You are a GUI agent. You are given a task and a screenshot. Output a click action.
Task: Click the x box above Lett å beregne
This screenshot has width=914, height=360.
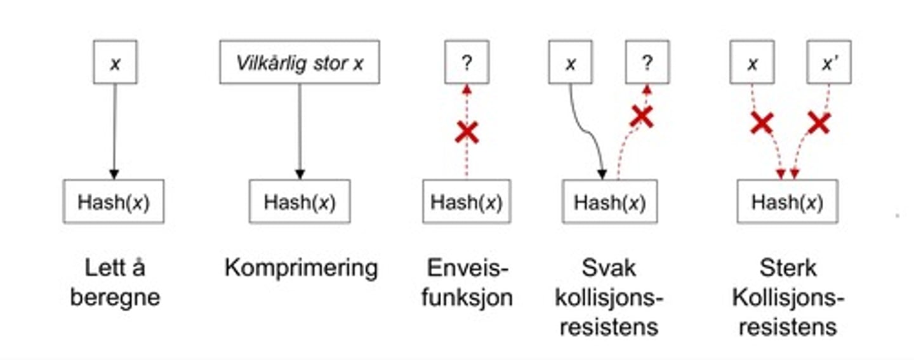115,62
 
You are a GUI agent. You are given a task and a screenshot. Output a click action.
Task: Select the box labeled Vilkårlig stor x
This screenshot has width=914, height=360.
300,62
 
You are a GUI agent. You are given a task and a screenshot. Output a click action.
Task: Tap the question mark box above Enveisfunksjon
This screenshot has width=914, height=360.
467,62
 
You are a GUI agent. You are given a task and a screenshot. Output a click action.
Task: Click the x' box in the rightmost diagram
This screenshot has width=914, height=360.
828,62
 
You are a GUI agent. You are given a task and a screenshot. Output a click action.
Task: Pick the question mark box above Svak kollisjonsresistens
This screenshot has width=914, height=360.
647,62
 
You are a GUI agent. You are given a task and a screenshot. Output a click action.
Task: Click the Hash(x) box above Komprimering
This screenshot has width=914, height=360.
300,202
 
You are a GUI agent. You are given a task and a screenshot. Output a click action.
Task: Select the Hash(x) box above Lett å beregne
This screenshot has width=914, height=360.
114,202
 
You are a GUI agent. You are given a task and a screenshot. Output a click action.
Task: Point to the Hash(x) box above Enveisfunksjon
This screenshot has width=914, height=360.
467,202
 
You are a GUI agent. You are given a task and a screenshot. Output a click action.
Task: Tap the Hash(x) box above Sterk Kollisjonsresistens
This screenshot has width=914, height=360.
787,202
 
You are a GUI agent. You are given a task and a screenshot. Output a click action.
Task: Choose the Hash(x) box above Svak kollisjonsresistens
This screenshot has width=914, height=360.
609,202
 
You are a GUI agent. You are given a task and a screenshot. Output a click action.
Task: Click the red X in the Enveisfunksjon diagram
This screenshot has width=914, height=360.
467,132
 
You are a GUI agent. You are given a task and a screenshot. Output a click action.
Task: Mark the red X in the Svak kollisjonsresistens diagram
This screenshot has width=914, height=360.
642,116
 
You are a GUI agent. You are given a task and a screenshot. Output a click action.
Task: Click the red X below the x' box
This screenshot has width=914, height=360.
819,123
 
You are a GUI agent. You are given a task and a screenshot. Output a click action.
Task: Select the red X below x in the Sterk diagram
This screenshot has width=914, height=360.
762,123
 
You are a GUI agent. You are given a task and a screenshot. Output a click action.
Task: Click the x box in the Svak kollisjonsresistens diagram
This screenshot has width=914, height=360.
570,62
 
